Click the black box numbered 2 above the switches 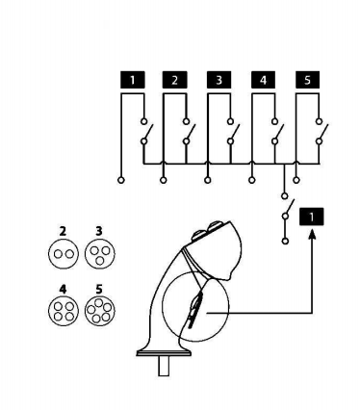pos(174,80)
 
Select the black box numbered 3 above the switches pos(219,80)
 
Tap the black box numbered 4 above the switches pos(263,80)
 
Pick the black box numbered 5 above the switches pos(307,80)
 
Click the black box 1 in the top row pos(133,80)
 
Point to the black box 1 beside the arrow pos(311,217)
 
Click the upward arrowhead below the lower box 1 pos(312,234)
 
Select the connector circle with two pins pos(64,254)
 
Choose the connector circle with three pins pos(100,254)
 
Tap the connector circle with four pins pos(64,311)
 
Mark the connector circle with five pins pos(100,311)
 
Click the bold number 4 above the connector pos(63,290)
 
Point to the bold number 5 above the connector pos(99,290)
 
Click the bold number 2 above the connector pos(63,231)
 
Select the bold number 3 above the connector pos(99,231)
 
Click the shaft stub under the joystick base pos(164,366)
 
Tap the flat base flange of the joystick pos(164,353)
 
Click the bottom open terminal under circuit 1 pos(121,180)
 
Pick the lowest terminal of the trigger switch pos(285,241)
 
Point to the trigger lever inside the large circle pos(194,311)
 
